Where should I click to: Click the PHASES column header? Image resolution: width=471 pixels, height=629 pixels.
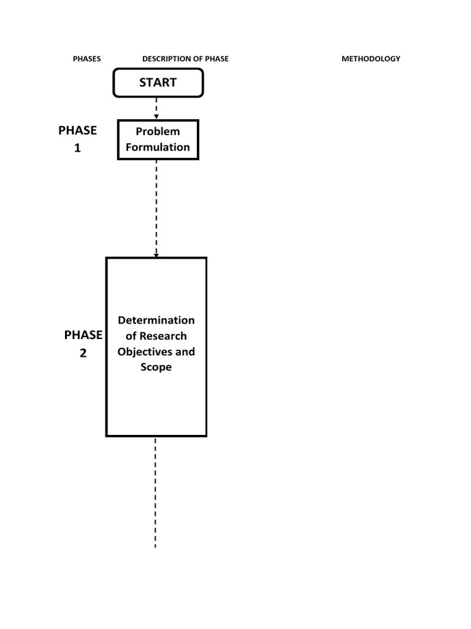[x=86, y=59]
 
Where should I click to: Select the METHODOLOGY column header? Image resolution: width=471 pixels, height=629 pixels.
[x=370, y=59]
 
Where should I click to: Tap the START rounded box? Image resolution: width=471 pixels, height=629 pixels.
[x=158, y=83]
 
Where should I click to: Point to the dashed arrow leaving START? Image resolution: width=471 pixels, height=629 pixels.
[x=157, y=108]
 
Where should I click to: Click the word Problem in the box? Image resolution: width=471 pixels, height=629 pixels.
[x=158, y=131]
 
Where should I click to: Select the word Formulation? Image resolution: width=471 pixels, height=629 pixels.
[x=158, y=147]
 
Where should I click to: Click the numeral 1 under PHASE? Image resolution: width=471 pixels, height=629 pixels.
[x=77, y=148]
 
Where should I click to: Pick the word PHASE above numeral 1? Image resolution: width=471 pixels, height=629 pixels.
[x=77, y=130]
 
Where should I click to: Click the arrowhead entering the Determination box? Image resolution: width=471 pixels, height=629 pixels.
[x=156, y=254]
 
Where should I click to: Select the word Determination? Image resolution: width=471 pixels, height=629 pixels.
[x=156, y=320]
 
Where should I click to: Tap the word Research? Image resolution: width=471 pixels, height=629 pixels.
[x=163, y=336]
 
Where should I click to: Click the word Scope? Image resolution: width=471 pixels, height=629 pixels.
[x=156, y=367]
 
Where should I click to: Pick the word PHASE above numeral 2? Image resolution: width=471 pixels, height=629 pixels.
[x=83, y=335]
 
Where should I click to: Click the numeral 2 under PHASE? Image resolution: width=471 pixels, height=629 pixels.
[x=83, y=353]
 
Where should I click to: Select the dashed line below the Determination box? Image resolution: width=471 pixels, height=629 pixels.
[x=155, y=491]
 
